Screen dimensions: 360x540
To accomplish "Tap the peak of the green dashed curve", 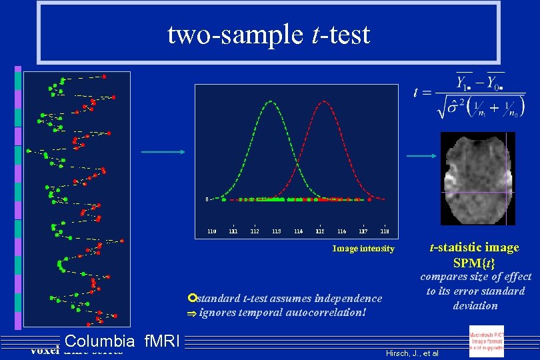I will [270, 102].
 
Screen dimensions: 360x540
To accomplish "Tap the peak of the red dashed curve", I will [323, 102].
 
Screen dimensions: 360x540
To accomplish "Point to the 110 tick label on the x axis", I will [211, 231].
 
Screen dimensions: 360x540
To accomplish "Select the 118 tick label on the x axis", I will [385, 231].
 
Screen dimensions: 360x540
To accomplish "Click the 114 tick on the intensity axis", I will [298, 231].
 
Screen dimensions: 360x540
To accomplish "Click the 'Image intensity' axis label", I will [363, 249].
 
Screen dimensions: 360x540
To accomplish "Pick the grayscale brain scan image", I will [477, 179].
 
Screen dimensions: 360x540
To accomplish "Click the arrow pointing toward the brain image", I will [422, 157].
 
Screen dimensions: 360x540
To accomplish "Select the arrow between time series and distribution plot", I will [163, 152].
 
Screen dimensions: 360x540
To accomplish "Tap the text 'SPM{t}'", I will [474, 263].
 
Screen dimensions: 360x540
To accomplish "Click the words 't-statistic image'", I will [474, 248].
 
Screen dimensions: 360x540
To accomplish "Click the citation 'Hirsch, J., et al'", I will [413, 351].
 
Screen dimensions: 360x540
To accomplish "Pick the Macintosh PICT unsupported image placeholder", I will [486, 341].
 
